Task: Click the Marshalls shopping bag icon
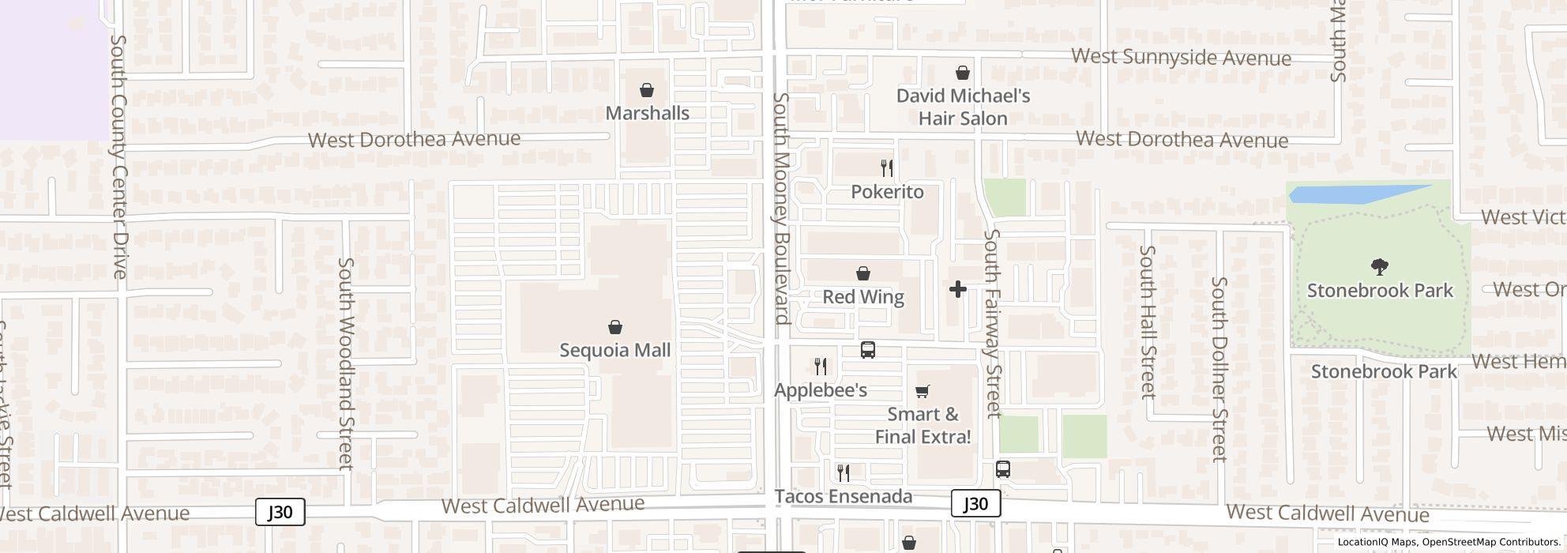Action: [x=647, y=90]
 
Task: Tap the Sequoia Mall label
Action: [x=614, y=350]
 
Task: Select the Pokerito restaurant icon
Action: [x=887, y=167]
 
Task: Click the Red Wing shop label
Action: [x=863, y=297]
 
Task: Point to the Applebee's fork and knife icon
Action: [x=821, y=367]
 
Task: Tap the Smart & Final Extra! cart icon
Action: [x=922, y=391]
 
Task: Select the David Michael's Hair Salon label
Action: [x=963, y=107]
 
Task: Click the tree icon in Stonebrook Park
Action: [x=1380, y=267]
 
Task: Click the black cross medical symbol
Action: [x=957, y=289]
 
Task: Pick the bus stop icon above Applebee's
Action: [x=868, y=350]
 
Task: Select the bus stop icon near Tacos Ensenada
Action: [x=1002, y=469]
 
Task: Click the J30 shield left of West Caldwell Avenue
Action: [x=280, y=512]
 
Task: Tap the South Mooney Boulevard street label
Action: [x=781, y=209]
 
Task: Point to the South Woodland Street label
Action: [x=346, y=363]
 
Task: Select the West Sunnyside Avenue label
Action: [x=1181, y=57]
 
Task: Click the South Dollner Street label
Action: [x=1219, y=369]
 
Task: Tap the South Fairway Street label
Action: [x=993, y=323]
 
